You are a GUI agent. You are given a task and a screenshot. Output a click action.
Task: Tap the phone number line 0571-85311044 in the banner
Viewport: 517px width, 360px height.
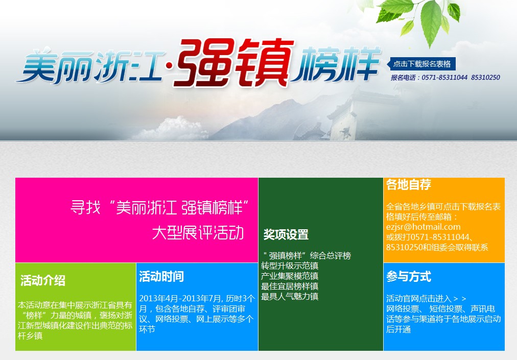point(445,78)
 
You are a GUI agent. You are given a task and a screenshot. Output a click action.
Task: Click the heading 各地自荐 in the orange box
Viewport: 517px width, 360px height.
point(409,185)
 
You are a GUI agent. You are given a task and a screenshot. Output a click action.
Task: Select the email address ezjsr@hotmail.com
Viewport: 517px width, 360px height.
point(424,227)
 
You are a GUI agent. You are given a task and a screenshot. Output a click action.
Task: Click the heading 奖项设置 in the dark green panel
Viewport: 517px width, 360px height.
point(286,235)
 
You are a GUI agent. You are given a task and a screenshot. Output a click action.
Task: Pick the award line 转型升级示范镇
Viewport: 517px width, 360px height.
point(290,266)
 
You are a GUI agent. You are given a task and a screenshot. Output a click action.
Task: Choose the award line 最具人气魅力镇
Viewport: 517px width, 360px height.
point(290,296)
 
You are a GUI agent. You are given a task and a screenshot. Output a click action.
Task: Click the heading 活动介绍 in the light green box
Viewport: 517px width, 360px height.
point(43,280)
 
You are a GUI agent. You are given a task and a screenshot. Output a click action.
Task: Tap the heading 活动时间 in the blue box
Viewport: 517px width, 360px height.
point(161,277)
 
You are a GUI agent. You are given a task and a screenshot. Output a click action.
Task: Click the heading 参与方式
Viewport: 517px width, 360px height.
point(409,277)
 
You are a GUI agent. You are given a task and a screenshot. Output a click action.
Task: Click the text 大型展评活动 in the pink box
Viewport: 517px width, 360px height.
point(198,233)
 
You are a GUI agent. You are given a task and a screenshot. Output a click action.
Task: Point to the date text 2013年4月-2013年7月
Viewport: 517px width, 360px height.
point(180,299)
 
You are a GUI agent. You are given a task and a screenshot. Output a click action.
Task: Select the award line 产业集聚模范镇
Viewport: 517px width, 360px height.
point(290,276)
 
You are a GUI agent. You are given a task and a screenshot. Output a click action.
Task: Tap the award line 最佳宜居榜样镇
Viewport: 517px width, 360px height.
point(290,286)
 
